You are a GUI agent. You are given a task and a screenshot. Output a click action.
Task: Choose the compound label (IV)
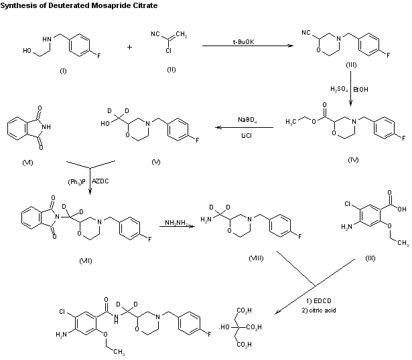353,161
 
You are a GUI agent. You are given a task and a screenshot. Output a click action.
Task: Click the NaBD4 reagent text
248,119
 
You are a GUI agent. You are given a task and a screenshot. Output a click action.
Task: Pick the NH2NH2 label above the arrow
178,218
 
